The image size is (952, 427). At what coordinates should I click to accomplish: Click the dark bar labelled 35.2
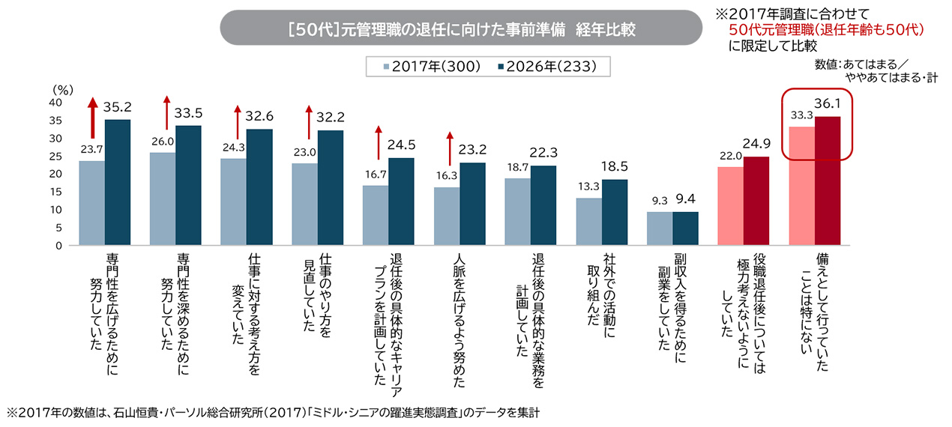(118, 182)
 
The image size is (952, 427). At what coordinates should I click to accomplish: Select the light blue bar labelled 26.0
(163, 199)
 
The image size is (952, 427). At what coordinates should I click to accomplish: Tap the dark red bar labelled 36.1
(828, 181)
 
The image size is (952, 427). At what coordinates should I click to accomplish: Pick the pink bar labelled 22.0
(731, 206)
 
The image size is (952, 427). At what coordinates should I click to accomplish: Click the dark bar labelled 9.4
(686, 228)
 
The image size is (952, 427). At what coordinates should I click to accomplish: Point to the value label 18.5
(614, 166)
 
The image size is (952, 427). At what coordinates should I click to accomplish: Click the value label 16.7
(376, 175)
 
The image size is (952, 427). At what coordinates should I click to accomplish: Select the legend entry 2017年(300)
(432, 67)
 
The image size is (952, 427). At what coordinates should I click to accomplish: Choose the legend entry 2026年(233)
(547, 67)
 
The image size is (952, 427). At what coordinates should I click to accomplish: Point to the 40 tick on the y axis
(55, 103)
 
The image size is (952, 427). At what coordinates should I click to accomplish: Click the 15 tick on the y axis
(55, 192)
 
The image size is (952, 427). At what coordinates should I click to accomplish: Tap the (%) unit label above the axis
(62, 90)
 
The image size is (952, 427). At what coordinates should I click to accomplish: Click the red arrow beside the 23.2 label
(450, 149)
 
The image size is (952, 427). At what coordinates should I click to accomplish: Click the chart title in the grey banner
(462, 30)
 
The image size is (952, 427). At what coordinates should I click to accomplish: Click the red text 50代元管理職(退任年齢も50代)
(826, 30)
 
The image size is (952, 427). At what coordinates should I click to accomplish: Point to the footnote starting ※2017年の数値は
(273, 413)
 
